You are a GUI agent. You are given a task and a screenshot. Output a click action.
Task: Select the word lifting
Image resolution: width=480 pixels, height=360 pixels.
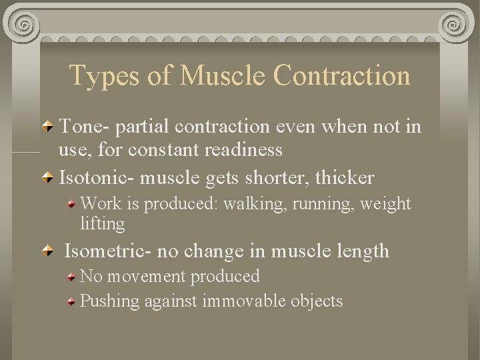[x=102, y=224]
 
